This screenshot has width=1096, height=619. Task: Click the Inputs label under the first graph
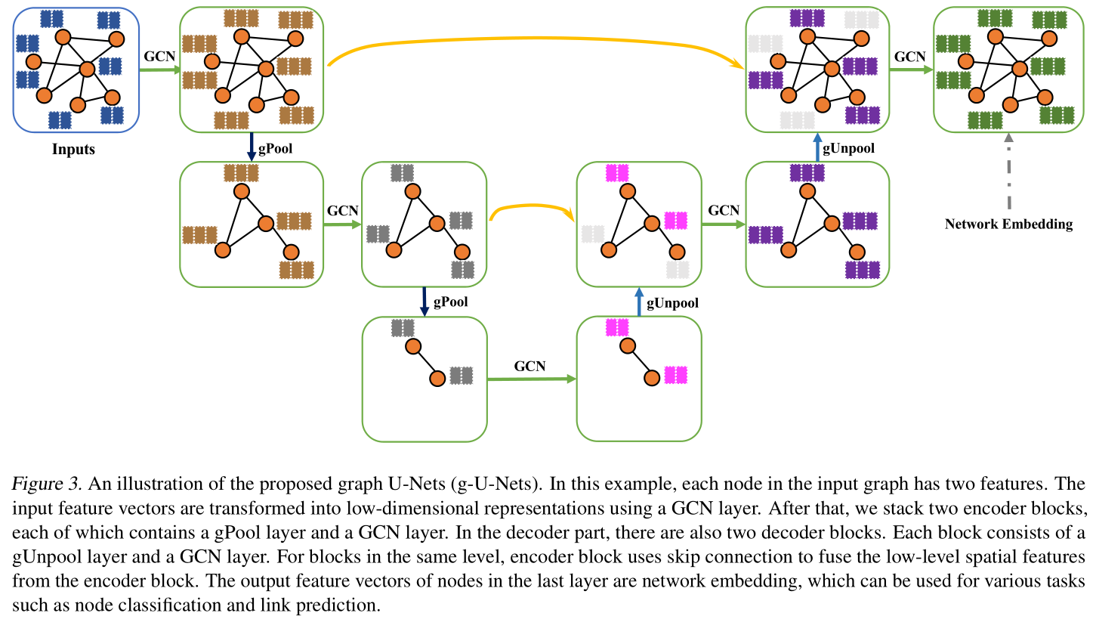[73, 149]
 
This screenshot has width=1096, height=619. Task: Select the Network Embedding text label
[1008, 224]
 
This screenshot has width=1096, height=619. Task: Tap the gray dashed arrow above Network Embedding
[1008, 174]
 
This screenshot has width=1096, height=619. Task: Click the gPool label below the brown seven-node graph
[275, 149]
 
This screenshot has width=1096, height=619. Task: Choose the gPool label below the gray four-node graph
[450, 302]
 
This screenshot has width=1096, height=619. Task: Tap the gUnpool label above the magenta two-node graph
[672, 303]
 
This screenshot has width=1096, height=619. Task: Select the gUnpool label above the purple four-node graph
[849, 148]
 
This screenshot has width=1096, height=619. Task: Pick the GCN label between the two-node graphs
[529, 366]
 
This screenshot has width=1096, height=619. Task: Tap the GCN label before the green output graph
[910, 56]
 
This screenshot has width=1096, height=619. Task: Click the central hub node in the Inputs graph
[87, 70]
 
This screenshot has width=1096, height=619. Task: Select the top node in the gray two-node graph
[412, 347]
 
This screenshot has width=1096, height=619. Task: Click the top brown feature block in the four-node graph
[241, 172]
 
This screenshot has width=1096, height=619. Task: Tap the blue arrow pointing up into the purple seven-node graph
[817, 148]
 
